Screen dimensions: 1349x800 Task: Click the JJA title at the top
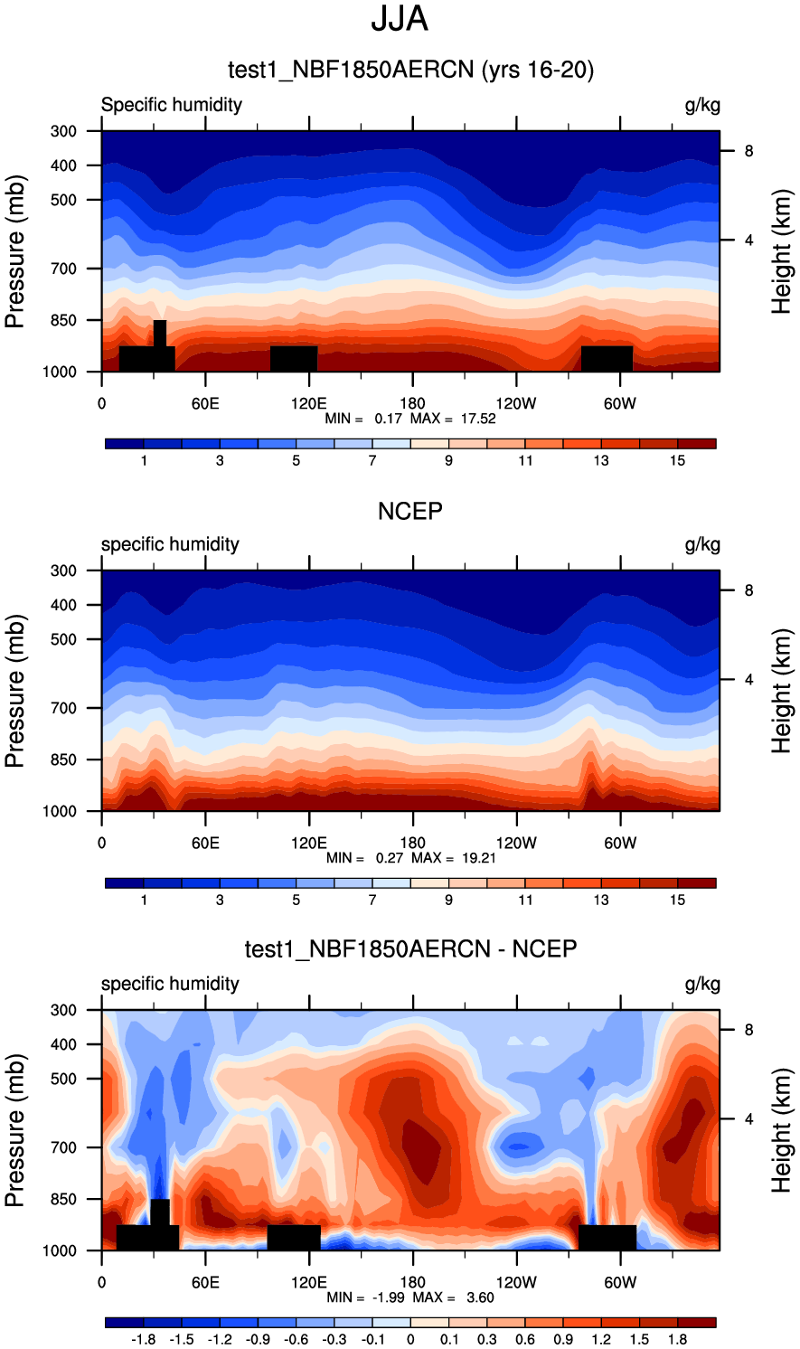click(399, 19)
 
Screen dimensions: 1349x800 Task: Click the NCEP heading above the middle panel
click(409, 512)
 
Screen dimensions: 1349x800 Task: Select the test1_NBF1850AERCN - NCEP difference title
click(410, 949)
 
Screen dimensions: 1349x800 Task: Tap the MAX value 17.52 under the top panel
click(476, 419)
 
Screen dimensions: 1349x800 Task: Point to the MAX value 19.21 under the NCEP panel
click(477, 858)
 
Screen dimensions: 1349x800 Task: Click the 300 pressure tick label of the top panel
click(63, 131)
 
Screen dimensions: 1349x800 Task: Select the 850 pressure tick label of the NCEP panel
click(63, 760)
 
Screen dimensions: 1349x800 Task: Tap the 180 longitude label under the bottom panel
click(412, 1283)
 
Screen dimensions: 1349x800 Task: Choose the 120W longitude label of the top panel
click(516, 404)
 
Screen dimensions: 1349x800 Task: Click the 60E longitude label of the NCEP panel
click(205, 844)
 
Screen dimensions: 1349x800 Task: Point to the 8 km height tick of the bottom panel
click(748, 1030)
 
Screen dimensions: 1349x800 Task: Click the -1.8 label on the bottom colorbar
click(144, 1340)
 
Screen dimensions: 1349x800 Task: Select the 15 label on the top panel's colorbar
click(677, 461)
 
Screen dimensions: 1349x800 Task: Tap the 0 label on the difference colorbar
click(410, 1340)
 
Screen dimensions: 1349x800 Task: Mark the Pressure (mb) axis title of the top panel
click(15, 251)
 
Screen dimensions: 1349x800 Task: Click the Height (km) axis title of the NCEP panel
click(782, 691)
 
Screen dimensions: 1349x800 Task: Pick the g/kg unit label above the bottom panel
click(702, 984)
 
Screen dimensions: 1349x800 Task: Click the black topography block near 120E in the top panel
click(294, 358)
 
